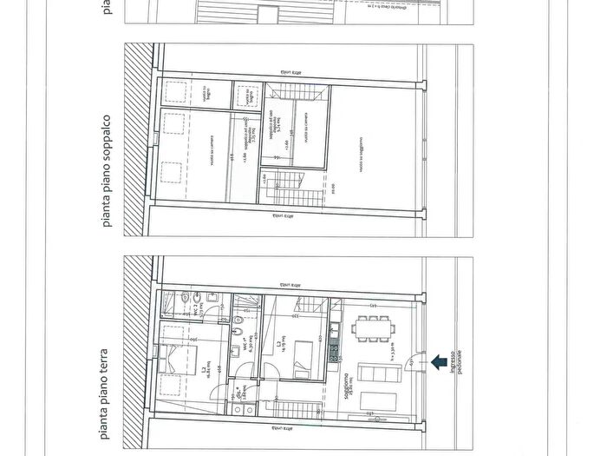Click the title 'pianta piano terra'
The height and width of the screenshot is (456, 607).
tap(107, 381)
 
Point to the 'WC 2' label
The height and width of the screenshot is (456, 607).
tap(242, 400)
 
